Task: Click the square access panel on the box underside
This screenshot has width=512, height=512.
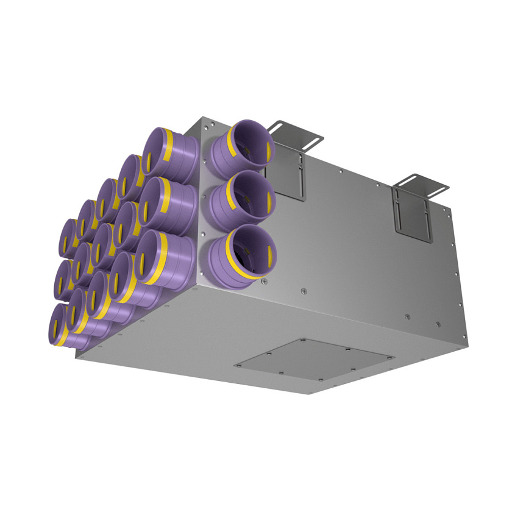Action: tap(314, 363)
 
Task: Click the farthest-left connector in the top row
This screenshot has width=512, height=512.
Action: tap(68, 238)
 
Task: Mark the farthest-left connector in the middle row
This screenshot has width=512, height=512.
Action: tap(63, 280)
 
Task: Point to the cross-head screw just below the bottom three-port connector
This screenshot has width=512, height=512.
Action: tap(265, 282)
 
